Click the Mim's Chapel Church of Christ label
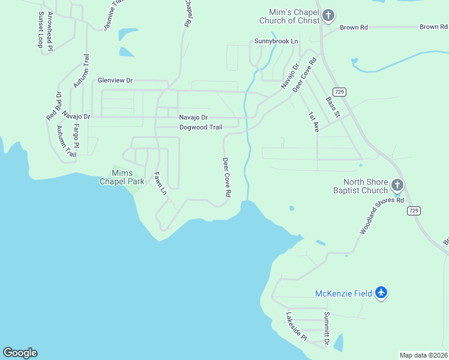[289, 14]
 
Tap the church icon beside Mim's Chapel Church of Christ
[328, 15]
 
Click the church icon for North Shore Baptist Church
[397, 185]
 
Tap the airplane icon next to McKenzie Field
[381, 293]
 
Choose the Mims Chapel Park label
[122, 177]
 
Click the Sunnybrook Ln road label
[276, 41]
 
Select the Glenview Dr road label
[115, 80]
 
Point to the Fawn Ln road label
[160, 184]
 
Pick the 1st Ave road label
[313, 121]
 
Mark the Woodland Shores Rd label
[382, 216]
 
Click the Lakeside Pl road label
[296, 327]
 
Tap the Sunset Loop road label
[41, 29]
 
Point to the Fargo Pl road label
[76, 136]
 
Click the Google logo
[20, 353]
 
